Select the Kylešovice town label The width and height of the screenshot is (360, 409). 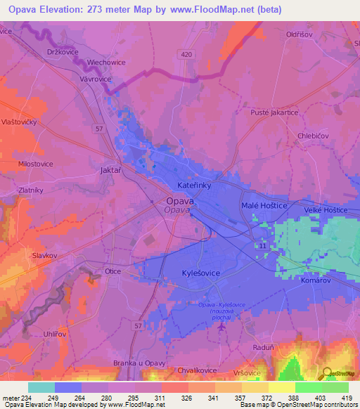coord(183,270)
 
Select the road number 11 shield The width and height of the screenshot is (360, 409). coord(262,247)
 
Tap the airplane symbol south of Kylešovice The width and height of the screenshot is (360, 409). coord(223,327)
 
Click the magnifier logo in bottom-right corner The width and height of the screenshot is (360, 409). coord(328,373)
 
